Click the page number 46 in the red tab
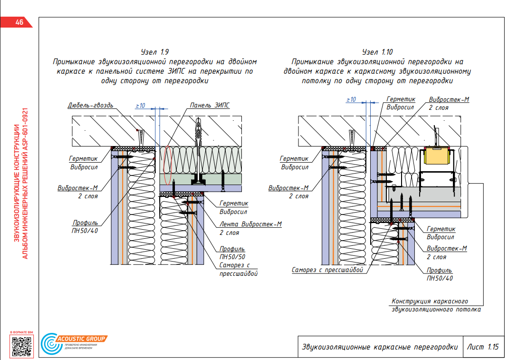(x=19, y=22)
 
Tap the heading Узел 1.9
(x=155, y=52)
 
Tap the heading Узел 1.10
(x=377, y=52)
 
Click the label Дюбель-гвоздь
(x=90, y=105)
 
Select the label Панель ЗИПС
(x=210, y=105)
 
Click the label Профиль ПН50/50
(x=232, y=253)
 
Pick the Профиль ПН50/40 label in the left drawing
(x=85, y=226)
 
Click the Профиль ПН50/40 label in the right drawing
(x=440, y=274)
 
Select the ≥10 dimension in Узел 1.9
(x=140, y=106)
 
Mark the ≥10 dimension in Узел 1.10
(x=351, y=99)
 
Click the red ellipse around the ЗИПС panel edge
(x=167, y=166)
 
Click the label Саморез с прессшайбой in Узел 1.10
(x=327, y=270)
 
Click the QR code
(x=21, y=346)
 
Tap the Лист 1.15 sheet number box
(x=483, y=347)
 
